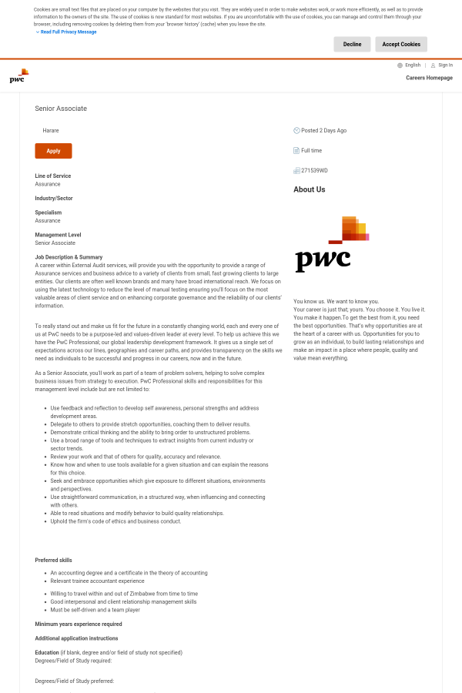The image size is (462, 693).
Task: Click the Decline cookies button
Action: pos(352,45)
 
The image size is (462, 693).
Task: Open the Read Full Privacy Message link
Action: pos(69,32)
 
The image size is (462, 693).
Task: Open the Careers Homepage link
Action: pos(429,78)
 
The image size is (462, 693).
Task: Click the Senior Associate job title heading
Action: pos(61,109)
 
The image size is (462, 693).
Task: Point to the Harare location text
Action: pos(51,131)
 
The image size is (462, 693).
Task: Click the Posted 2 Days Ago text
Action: pos(323,131)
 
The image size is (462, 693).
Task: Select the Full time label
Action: pos(311,151)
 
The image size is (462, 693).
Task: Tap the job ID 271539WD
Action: pos(314,171)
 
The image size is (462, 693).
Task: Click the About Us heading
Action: pos(309,189)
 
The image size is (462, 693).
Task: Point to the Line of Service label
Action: pos(53,176)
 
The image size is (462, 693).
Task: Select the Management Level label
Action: pos(58,235)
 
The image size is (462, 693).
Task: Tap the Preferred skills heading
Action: pos(54,560)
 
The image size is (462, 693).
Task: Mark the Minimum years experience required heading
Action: pos(79,624)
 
